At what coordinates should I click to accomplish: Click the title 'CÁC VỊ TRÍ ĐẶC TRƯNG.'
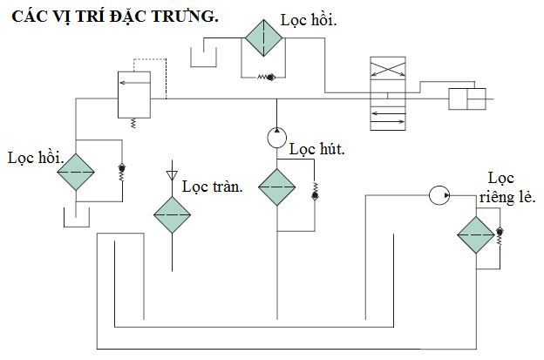tap(115, 16)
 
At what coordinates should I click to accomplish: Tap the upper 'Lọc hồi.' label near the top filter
tap(309, 20)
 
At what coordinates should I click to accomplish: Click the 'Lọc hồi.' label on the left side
tap(36, 158)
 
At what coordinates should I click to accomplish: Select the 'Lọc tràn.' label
tap(213, 187)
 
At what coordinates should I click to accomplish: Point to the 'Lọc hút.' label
tap(317, 149)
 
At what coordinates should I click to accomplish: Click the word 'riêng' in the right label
tap(498, 198)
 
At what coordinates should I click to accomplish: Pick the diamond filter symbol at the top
tap(263, 37)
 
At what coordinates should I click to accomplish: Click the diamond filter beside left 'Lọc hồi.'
tap(76, 172)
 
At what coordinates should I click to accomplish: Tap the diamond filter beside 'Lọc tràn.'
tap(172, 215)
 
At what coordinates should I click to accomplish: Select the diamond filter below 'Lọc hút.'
tap(277, 187)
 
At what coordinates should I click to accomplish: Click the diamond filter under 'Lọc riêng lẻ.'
tap(476, 235)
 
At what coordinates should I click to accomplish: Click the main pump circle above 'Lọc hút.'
tap(277, 138)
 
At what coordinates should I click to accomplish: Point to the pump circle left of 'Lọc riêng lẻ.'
tap(439, 195)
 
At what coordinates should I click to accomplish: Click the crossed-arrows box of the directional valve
tap(388, 68)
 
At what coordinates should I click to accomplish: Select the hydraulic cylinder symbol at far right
tap(467, 99)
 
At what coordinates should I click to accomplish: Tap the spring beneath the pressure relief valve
tap(133, 124)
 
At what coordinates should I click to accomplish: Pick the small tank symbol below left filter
tap(77, 217)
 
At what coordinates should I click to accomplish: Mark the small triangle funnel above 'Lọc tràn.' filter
tap(172, 175)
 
